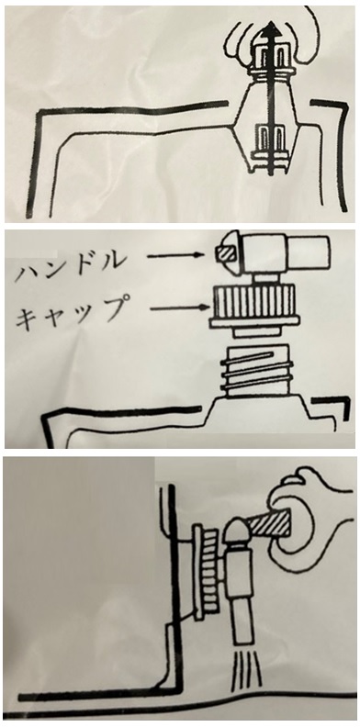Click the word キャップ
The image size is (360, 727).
click(x=71, y=312)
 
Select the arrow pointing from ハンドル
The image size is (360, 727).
click(x=174, y=254)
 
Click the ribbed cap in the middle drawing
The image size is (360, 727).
click(x=253, y=301)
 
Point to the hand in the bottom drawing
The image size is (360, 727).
click(x=309, y=516)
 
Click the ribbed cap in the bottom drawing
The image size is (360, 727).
click(x=208, y=570)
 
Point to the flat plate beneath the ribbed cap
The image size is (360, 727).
click(x=253, y=323)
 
